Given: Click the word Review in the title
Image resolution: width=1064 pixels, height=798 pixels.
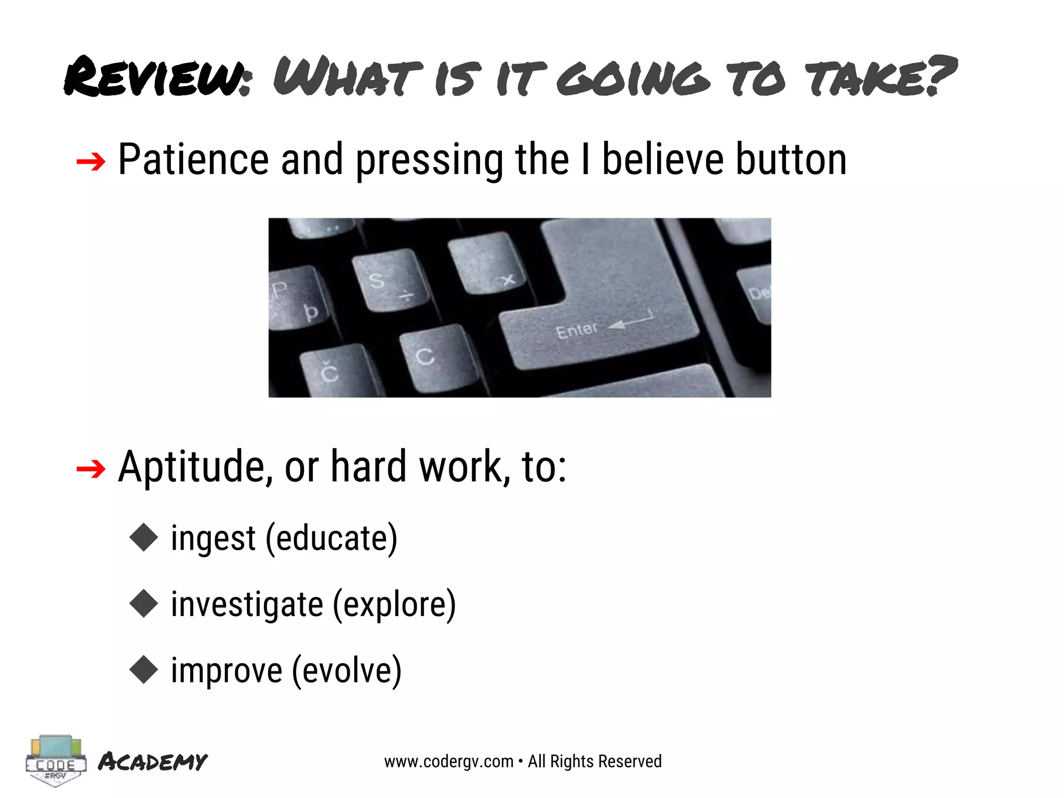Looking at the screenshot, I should (156, 77).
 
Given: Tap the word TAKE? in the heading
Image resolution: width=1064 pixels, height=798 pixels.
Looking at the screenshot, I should (880, 77).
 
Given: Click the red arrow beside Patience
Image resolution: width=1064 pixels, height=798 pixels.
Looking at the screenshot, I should (90, 162).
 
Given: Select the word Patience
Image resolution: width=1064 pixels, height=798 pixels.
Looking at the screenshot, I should (193, 159).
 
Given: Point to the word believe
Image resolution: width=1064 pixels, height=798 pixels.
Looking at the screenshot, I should (662, 159).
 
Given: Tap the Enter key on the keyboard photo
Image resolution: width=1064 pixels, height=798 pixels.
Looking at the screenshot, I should (597, 312).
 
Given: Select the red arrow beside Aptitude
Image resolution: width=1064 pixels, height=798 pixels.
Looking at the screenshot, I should (90, 469).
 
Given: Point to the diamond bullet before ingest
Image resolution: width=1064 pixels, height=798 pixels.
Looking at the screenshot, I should (143, 537).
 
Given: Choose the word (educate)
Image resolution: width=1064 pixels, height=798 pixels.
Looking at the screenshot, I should (331, 538).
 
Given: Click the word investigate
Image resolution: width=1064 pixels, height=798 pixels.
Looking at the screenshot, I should (247, 605).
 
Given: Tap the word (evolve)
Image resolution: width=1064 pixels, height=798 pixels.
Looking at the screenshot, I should (347, 671).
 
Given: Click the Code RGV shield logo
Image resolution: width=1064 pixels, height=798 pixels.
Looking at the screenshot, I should (55, 761).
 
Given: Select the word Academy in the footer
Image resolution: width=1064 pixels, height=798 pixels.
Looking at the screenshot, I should (153, 762).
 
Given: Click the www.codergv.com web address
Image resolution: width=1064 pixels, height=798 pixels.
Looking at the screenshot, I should (448, 762).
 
